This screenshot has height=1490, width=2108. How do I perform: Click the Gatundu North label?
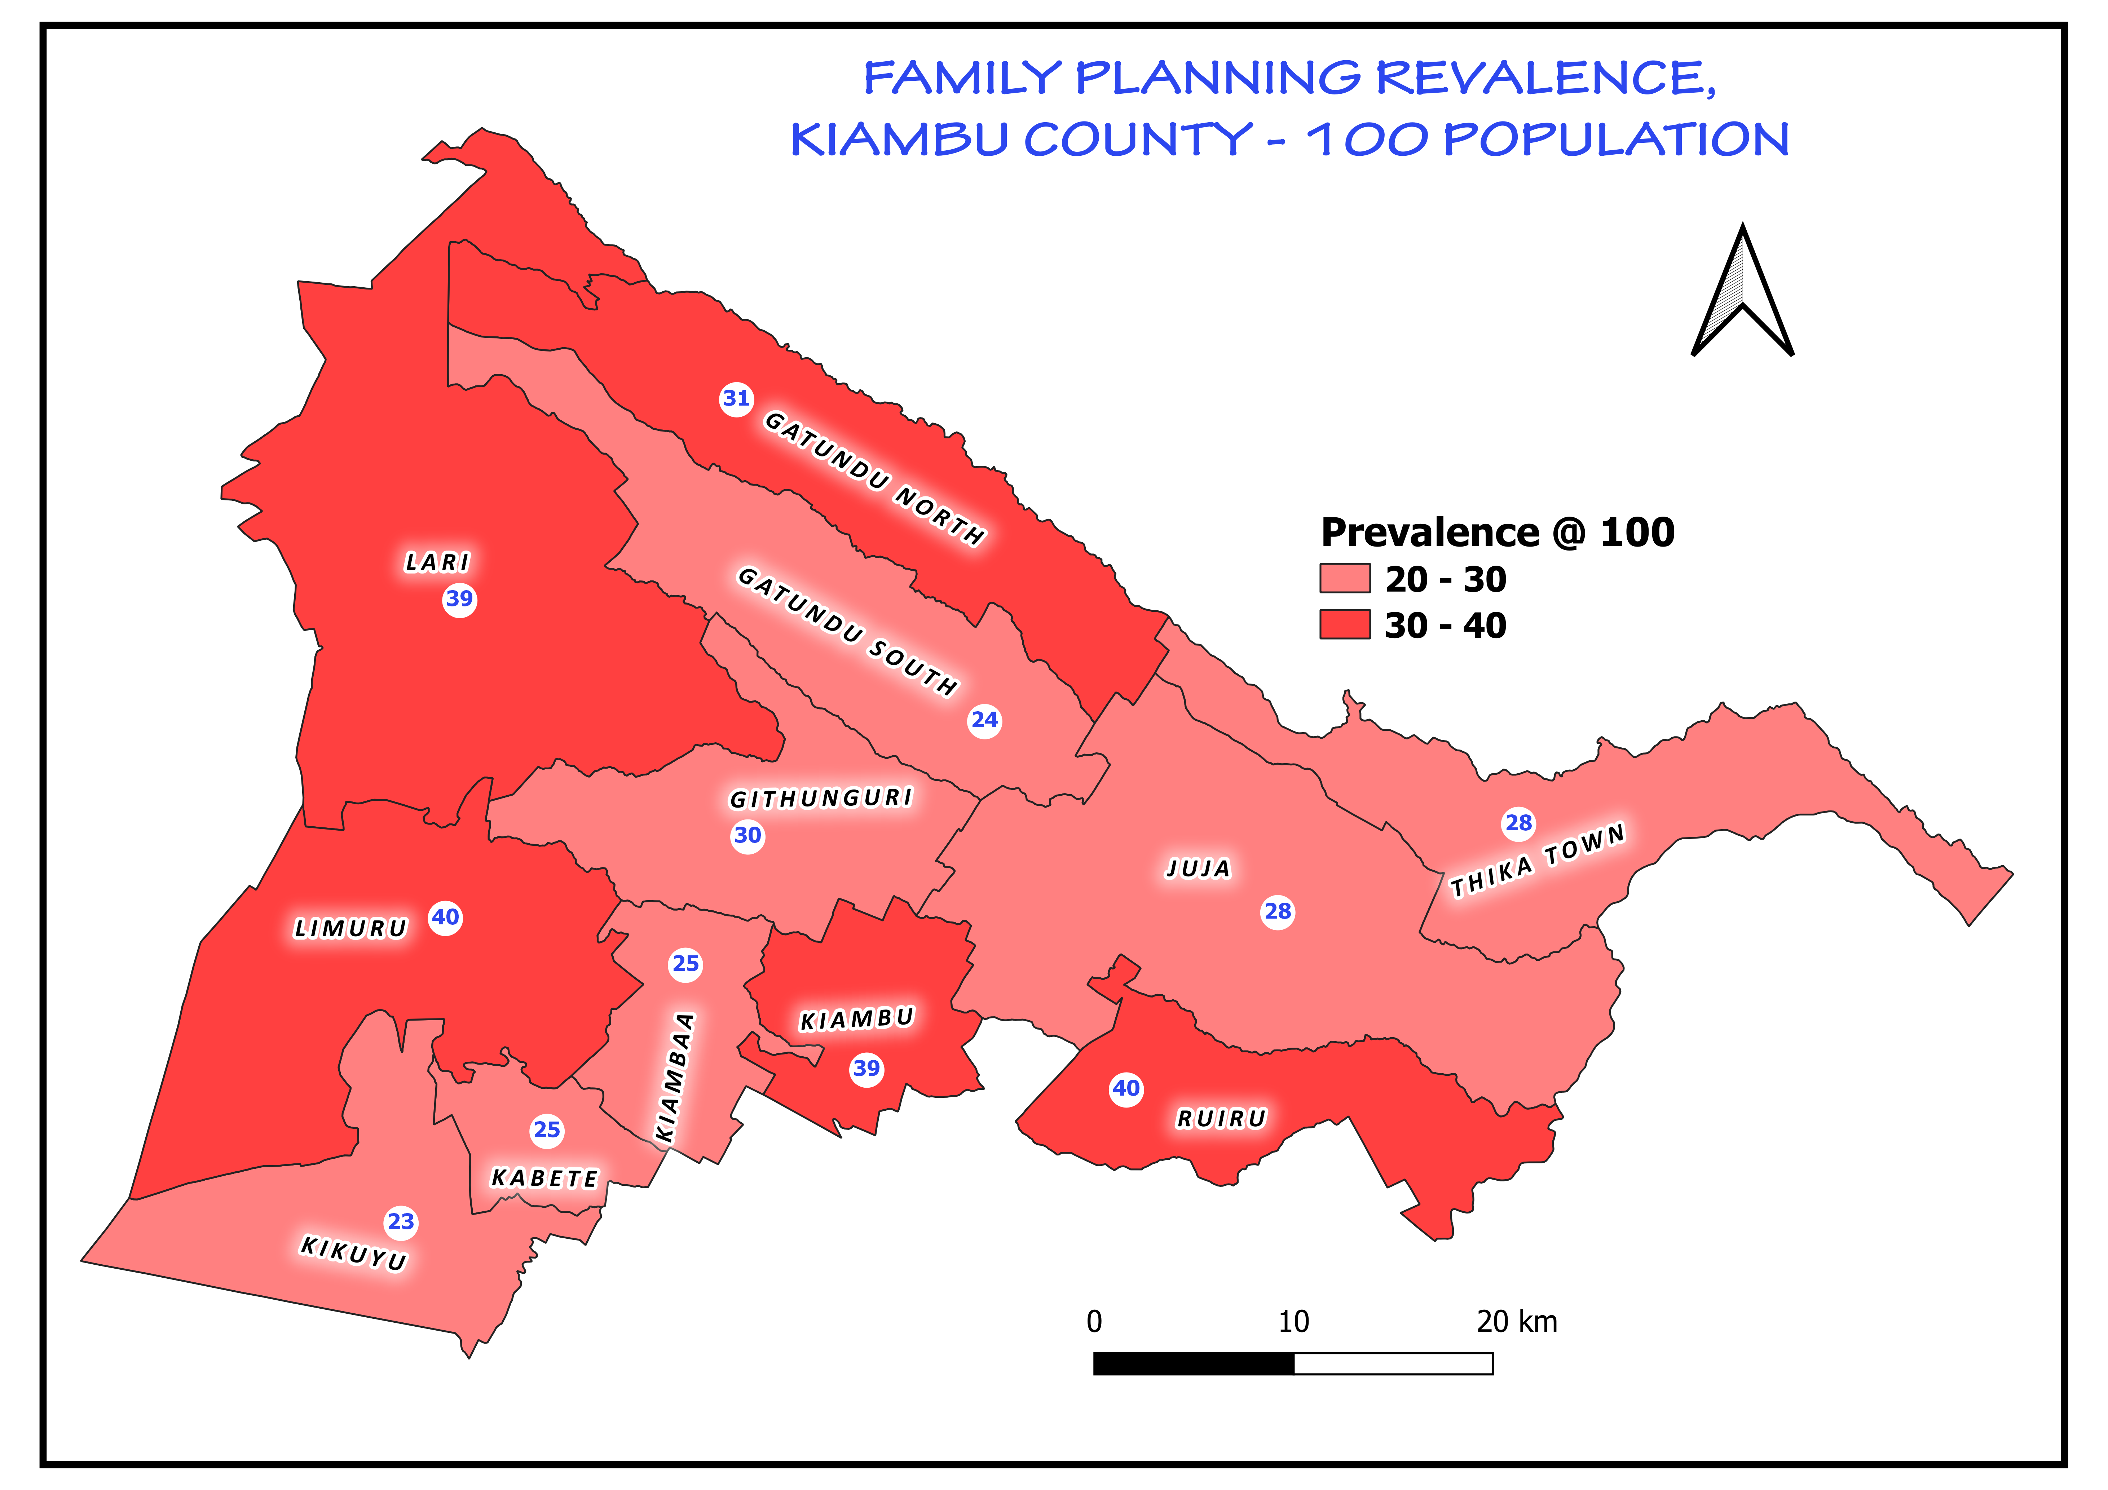pyautogui.click(x=874, y=477)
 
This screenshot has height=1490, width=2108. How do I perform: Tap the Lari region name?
pyautogui.click(x=437, y=562)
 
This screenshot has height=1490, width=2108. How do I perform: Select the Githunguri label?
pyautogui.click(x=821, y=798)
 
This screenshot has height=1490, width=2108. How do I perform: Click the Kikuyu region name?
pyautogui.click(x=353, y=1253)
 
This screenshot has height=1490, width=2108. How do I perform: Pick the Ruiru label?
pyautogui.click(x=1221, y=1118)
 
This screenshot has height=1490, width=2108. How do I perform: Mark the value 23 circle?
pyautogui.click(x=401, y=1222)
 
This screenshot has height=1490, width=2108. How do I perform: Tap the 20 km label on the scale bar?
pyautogui.click(x=1517, y=1322)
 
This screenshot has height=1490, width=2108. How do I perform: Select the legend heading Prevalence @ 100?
pyautogui.click(x=1496, y=532)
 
